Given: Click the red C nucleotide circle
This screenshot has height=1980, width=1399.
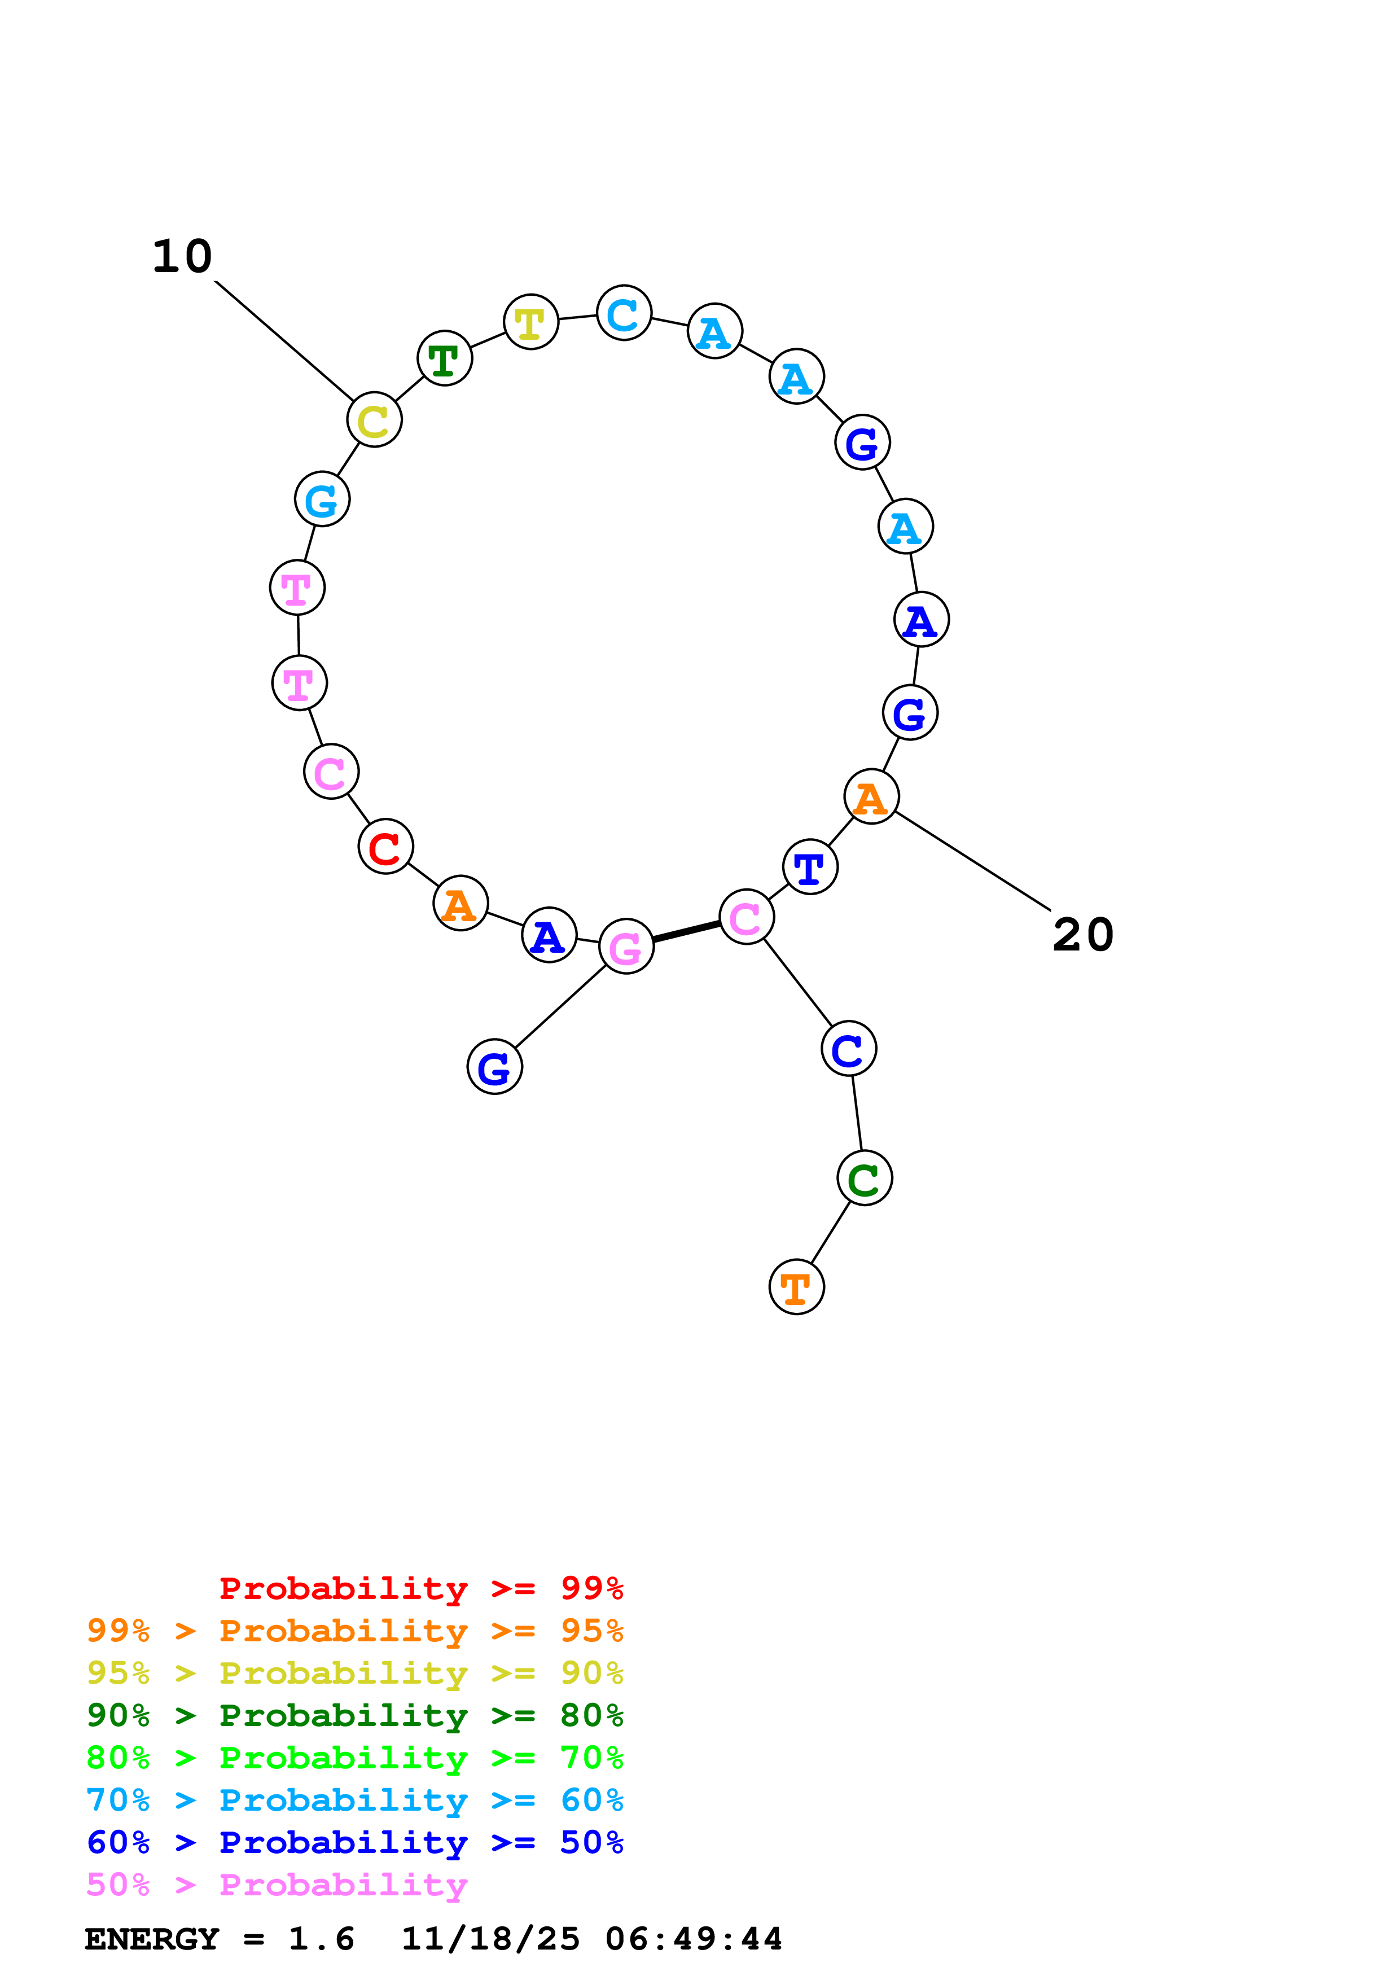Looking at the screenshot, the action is [385, 847].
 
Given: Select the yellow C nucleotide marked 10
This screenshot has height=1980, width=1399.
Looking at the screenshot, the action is [374, 420].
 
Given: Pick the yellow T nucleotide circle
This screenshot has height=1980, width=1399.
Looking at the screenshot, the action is [531, 322].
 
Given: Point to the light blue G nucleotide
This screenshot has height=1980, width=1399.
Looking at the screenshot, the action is [322, 500].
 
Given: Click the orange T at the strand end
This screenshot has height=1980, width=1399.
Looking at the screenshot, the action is [796, 1287].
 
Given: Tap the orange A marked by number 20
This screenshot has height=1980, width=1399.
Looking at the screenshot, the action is [871, 797].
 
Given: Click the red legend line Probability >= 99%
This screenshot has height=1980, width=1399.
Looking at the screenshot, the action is [420, 1588].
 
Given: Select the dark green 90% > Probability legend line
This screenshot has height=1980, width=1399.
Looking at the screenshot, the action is [354, 1716].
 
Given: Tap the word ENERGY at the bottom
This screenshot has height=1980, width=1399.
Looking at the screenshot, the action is [152, 1939].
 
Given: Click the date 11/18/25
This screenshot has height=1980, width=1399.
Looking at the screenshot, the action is [490, 1939].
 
